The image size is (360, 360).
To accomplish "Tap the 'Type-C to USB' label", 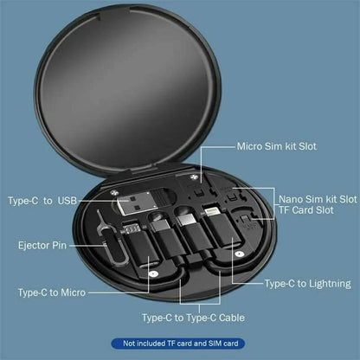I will coord(42,201).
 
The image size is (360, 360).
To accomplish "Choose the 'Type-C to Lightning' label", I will coord(306,283).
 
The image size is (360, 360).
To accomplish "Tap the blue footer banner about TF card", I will coord(179,344).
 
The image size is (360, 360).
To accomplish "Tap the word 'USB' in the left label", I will coord(66,201).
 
